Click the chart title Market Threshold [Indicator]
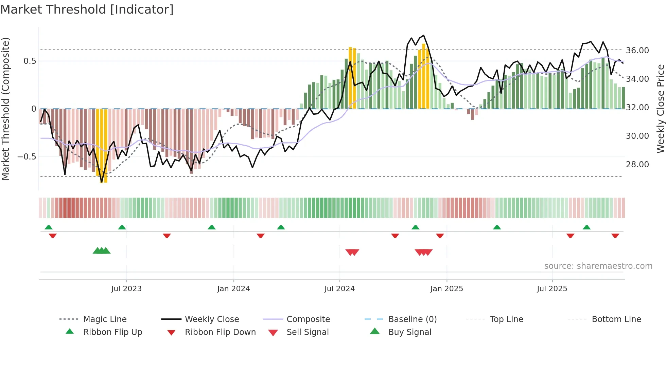click(x=87, y=10)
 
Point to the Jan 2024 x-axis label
click(x=233, y=289)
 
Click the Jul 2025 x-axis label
click(x=552, y=289)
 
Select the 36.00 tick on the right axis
click(x=637, y=51)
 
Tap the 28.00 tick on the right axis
click(x=637, y=165)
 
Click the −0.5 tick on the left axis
click(x=27, y=157)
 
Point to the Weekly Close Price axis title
click(x=660, y=109)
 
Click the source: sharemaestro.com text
click(x=598, y=266)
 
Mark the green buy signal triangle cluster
click(x=102, y=251)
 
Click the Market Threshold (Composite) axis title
click(x=5, y=109)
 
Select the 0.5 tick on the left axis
click(x=30, y=61)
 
